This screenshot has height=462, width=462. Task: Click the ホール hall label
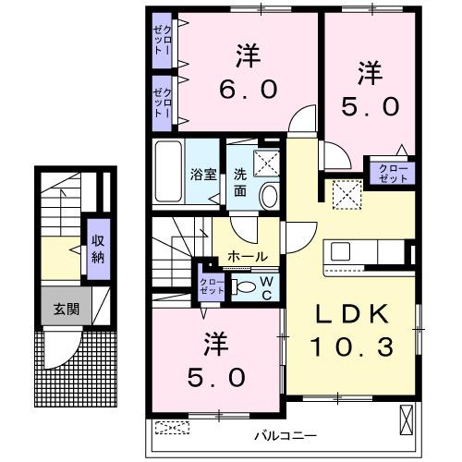pos(247,256)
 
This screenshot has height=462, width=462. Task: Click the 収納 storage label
pos(97,247)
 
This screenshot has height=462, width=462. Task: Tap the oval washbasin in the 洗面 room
pos(269,195)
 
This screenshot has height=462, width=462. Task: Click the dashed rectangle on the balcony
pos(171,428)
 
